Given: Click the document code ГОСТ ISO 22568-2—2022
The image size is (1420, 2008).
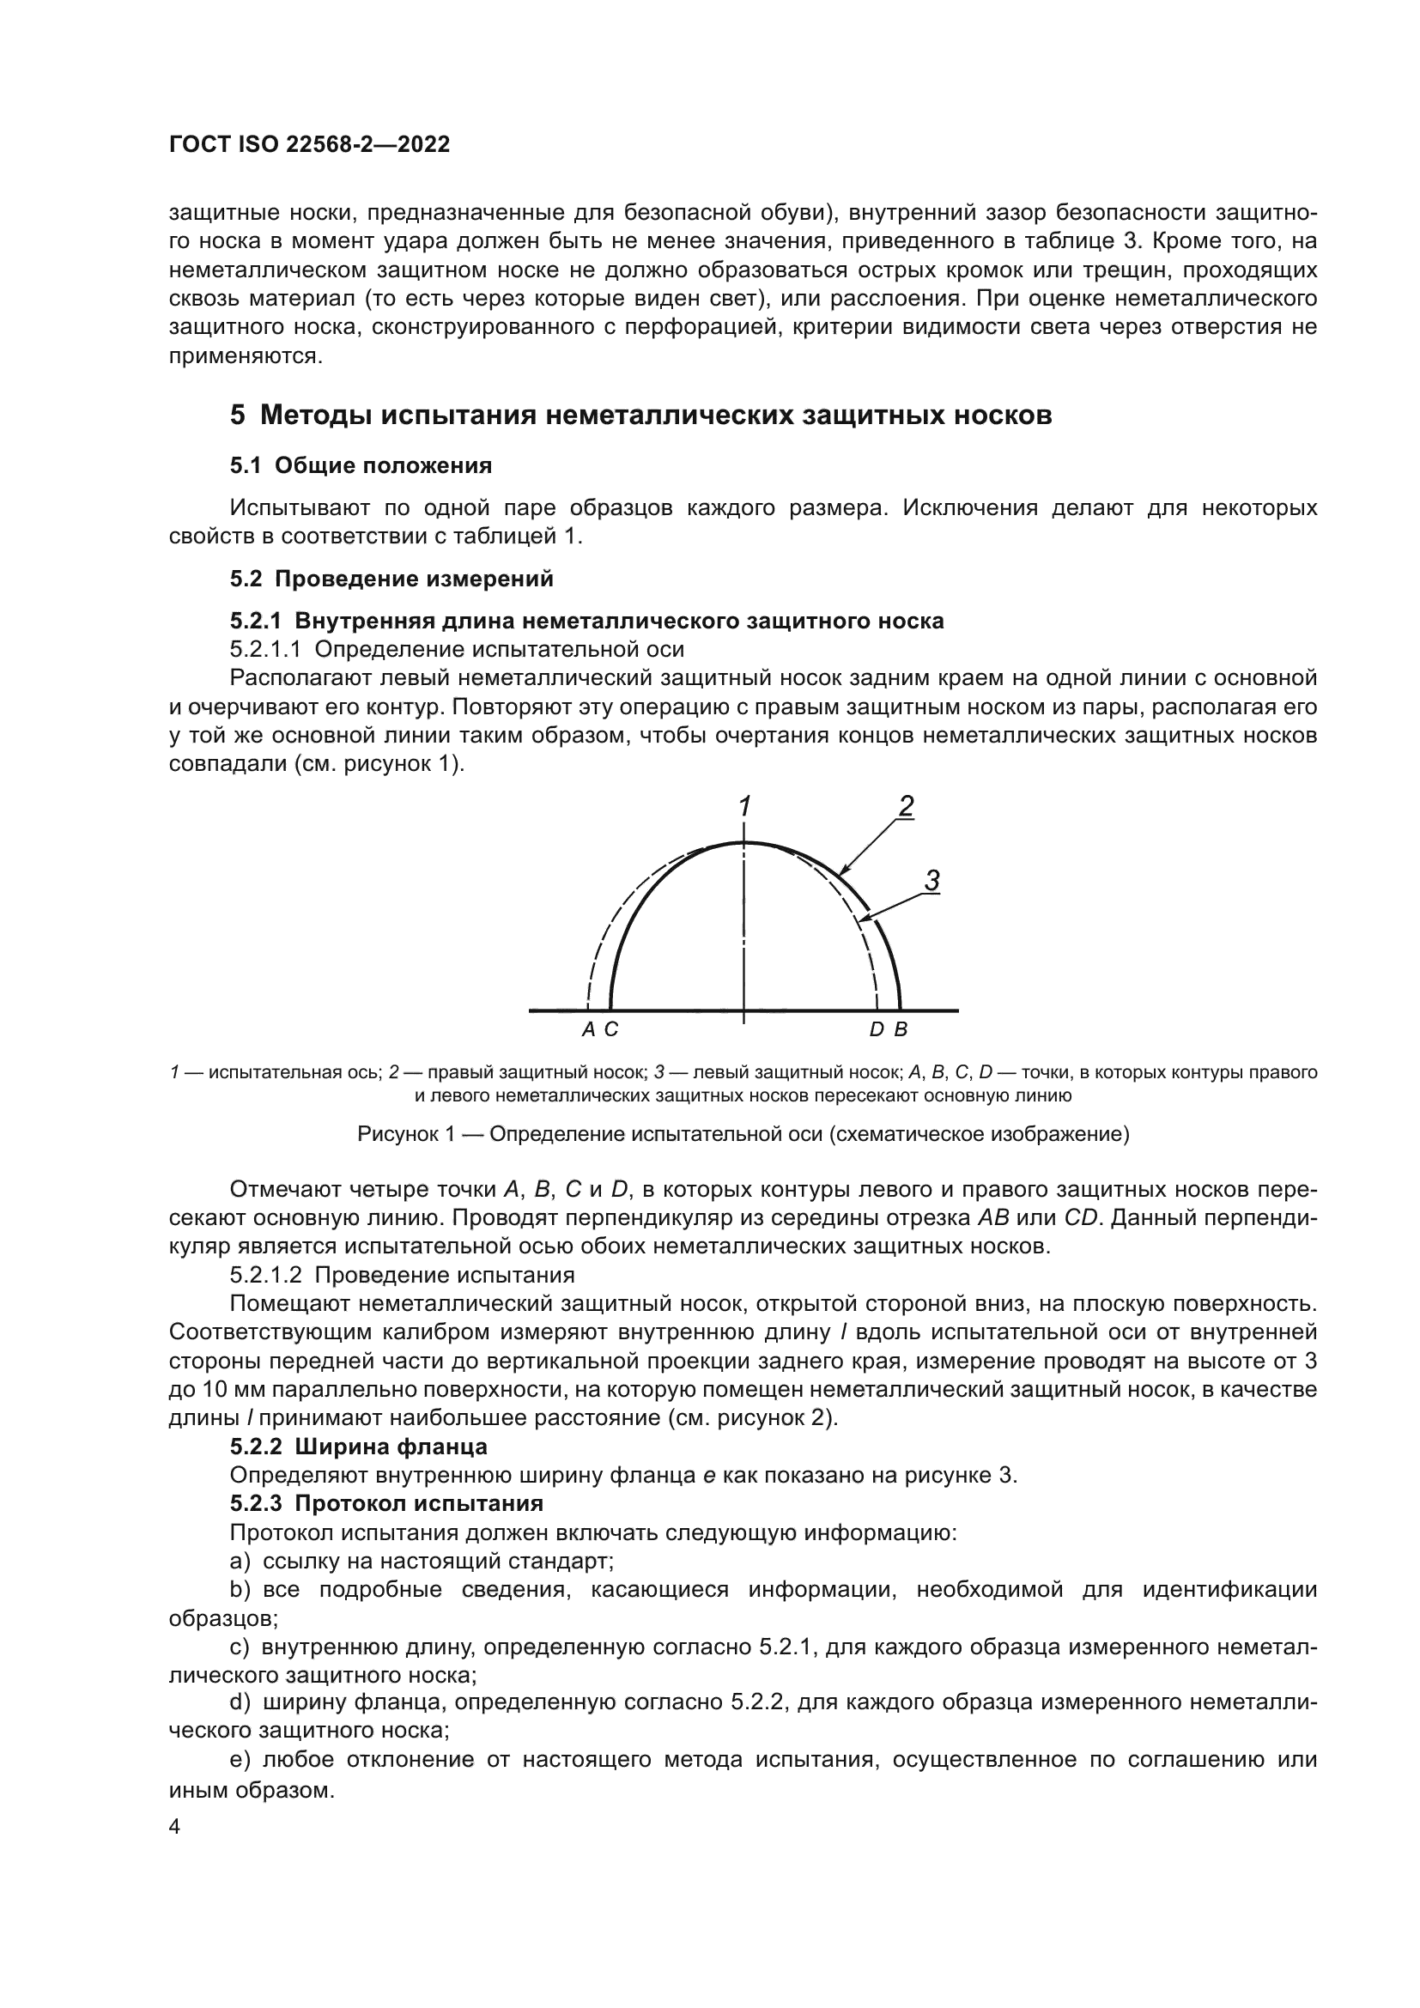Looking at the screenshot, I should pos(310,145).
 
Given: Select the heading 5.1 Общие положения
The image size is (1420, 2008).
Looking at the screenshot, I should pos(361,465).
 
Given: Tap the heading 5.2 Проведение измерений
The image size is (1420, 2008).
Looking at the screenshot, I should pos(391,578).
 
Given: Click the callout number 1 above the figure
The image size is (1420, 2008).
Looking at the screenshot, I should pos(744,806).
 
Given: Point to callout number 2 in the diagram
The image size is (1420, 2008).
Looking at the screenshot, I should pos(906,805).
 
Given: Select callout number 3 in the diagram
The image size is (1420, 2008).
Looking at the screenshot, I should pos(931,881).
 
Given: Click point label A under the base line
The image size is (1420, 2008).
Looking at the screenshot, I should pos(588,1029).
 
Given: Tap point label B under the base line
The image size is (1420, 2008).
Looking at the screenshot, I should pos(901,1029).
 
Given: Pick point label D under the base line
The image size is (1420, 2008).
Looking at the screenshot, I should pos(877,1029).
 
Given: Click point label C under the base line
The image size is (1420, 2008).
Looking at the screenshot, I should pos(611,1029).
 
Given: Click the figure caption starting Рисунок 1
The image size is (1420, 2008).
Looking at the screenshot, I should pos(743,1134).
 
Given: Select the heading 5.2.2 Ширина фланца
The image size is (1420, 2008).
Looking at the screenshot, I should pos(359,1447).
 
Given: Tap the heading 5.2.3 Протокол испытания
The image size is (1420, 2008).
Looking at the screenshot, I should pos(386,1503).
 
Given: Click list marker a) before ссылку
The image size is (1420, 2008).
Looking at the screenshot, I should pos(240,1560).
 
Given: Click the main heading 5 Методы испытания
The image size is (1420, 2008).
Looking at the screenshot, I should pos(640,415).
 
